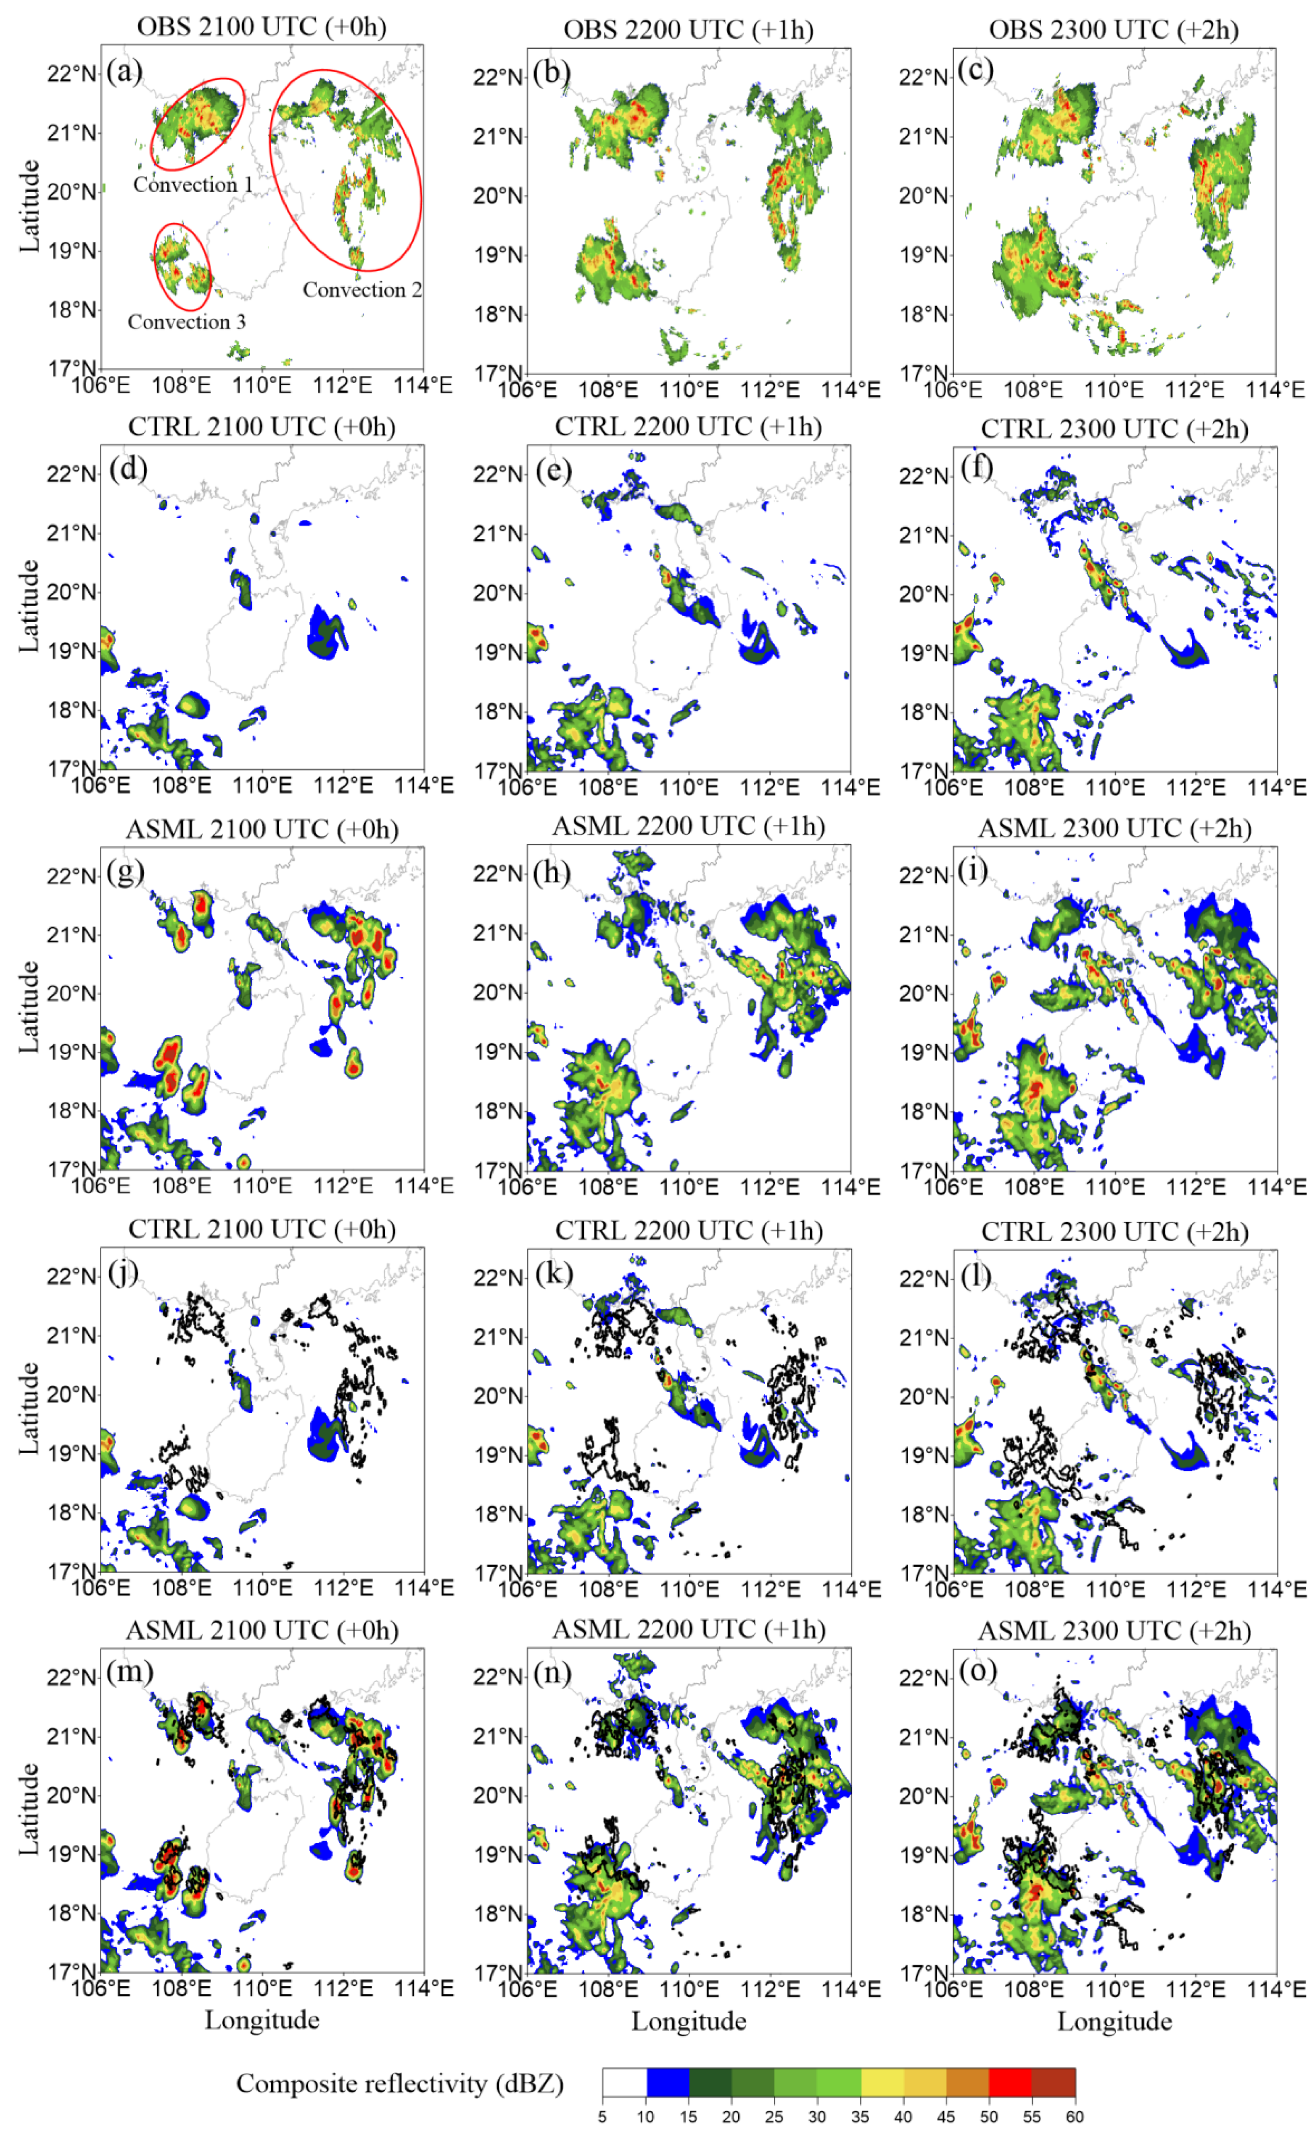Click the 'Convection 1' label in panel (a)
192,185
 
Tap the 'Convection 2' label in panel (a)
362,290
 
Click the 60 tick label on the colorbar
1075,2117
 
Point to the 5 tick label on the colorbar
602,2117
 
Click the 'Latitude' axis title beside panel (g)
29,1006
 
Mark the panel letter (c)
976,70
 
